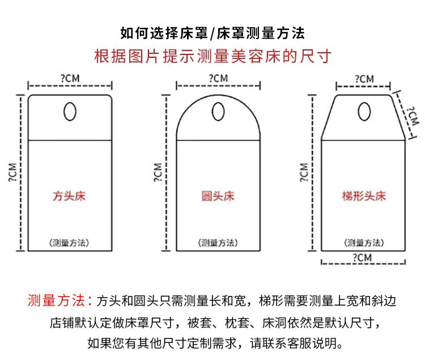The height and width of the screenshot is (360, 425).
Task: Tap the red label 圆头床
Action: (x=218, y=197)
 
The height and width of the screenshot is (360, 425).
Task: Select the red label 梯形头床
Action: (x=363, y=197)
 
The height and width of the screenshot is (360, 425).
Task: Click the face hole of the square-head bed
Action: (x=70, y=112)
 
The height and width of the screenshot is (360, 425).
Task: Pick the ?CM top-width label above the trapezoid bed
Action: (x=363, y=78)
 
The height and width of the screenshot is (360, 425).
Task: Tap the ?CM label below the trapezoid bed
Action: (x=363, y=258)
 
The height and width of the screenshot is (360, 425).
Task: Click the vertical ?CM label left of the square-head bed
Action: (x=12, y=172)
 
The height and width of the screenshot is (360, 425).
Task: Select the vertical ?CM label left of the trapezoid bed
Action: (x=304, y=172)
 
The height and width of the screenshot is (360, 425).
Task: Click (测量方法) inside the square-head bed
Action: (x=69, y=242)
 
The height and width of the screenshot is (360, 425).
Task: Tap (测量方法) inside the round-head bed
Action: (x=218, y=242)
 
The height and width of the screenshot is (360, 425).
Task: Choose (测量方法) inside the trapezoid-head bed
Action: (x=363, y=242)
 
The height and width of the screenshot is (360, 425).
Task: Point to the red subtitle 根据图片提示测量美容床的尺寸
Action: (x=212, y=57)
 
